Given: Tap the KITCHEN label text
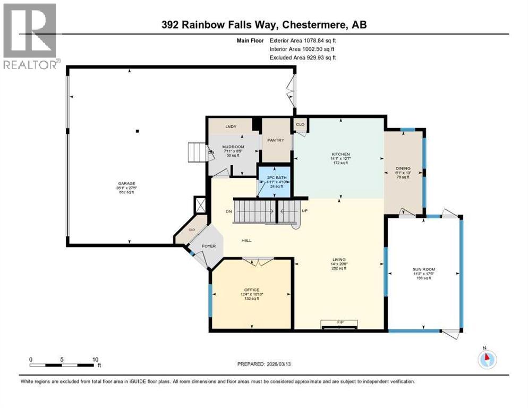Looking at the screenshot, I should pos(340,154).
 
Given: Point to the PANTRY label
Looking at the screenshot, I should pos(276,140).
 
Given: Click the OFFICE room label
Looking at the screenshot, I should pos(251,290).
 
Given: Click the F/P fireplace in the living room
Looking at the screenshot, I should pos(338,321).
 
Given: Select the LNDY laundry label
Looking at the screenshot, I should pos(231,126).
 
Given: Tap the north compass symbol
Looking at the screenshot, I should pos(487,359).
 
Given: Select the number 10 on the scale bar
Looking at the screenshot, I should pos(96,359).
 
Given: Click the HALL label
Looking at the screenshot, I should pos(246,241).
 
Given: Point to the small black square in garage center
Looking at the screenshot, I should pos(137,131).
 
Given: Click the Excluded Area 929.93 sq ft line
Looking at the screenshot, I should pos(303,57).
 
